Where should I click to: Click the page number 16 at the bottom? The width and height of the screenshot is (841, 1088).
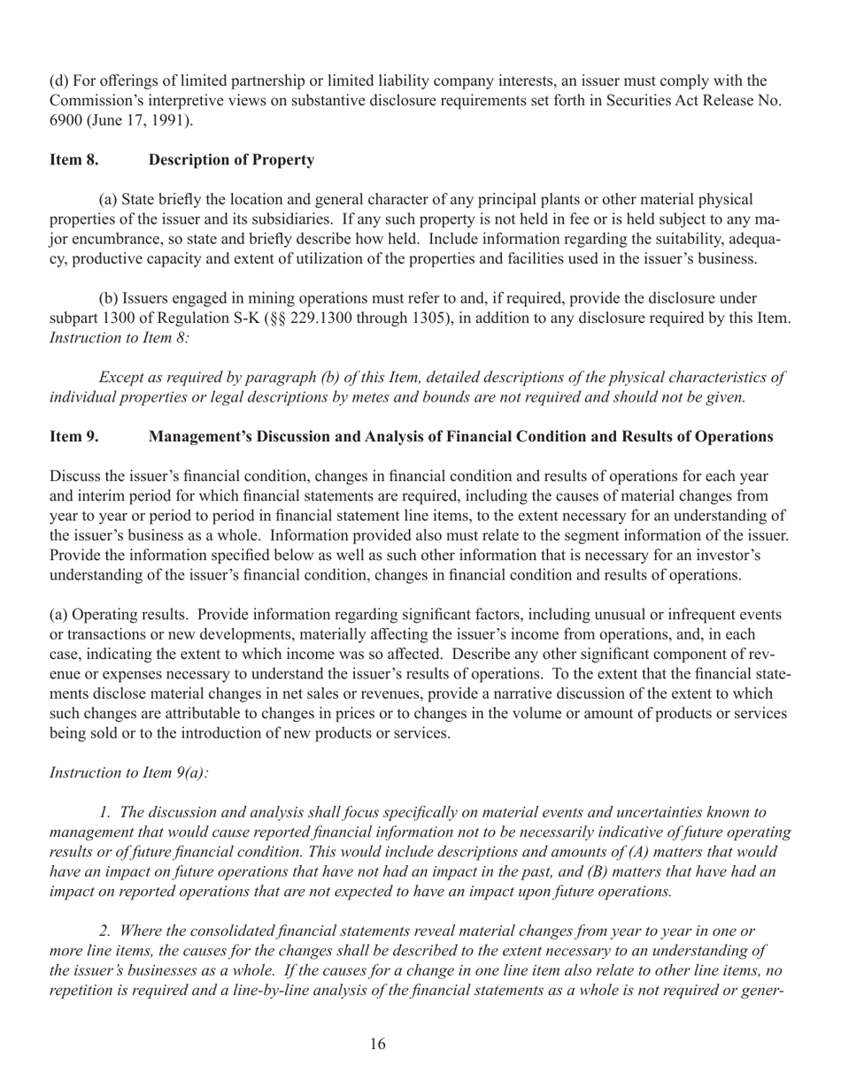(377, 1045)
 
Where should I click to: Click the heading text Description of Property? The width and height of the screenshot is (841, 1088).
(231, 160)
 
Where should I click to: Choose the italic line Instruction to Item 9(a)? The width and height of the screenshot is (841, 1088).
(130, 772)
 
